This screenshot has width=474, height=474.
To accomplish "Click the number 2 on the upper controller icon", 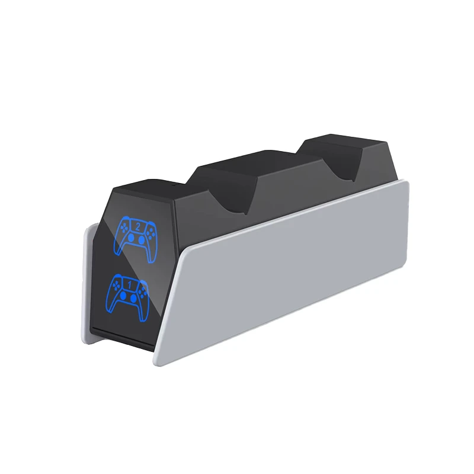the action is tap(138, 227).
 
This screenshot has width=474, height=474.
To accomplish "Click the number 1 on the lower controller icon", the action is tap(130, 284).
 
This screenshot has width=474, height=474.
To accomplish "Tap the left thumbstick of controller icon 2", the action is tap(131, 238).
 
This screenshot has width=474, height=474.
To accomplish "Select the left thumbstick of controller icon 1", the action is tap(123, 295).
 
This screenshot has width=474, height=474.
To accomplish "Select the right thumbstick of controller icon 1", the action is tap(133, 298).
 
